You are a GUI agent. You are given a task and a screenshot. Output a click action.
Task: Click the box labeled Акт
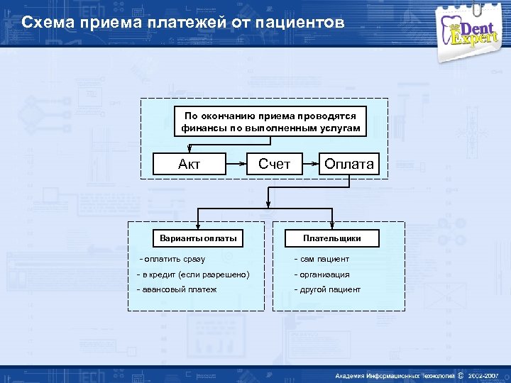(x=189, y=165)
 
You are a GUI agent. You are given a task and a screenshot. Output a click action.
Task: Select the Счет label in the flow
(x=274, y=164)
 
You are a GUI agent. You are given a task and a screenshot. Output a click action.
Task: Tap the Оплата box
(x=348, y=165)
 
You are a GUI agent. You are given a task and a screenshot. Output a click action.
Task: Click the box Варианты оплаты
(x=198, y=238)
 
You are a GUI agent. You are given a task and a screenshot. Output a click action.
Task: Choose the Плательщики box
(x=331, y=238)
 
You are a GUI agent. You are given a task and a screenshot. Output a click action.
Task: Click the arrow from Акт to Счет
(x=236, y=165)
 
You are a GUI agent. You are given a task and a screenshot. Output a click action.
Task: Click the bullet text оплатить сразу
(x=173, y=259)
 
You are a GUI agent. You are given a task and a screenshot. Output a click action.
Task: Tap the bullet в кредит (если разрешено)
(x=193, y=274)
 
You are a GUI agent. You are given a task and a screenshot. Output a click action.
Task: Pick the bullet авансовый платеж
(x=177, y=289)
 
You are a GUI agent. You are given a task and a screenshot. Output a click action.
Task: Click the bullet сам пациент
(x=322, y=259)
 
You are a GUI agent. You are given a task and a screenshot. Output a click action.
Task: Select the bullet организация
(x=322, y=274)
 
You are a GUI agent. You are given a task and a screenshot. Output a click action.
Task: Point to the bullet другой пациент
(x=326, y=289)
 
